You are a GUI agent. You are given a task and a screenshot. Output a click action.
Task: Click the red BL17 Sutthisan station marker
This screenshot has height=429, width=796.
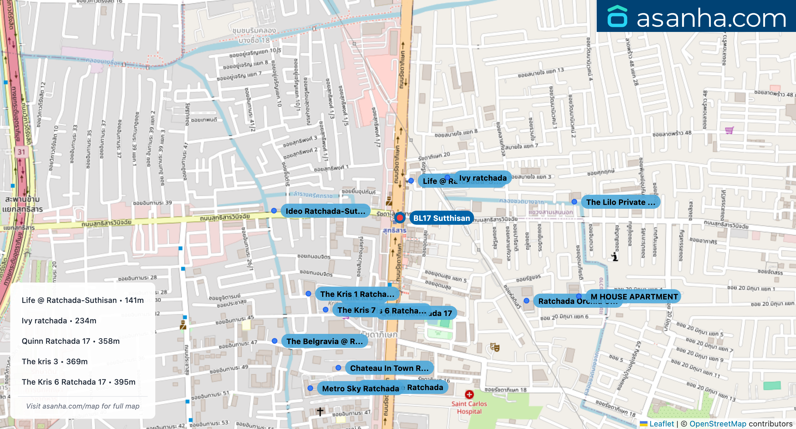(400, 218)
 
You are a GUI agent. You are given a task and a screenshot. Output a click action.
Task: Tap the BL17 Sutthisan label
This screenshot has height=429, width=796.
(441, 218)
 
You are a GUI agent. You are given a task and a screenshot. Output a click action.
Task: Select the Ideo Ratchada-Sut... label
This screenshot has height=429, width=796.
(325, 211)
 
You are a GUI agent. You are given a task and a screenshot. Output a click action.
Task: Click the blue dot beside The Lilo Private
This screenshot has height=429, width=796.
(574, 202)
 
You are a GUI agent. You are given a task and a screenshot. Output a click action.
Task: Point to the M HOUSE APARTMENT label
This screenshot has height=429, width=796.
(634, 297)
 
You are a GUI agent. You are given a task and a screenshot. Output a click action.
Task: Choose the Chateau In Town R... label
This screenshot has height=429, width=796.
(389, 368)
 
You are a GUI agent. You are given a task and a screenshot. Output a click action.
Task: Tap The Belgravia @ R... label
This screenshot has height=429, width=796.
(324, 341)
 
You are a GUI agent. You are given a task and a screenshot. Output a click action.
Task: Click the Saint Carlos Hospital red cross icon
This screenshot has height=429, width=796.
(469, 395)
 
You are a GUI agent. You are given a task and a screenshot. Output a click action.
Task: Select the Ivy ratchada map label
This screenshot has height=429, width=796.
(483, 178)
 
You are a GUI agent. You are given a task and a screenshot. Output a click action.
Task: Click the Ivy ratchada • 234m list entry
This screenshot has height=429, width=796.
(59, 320)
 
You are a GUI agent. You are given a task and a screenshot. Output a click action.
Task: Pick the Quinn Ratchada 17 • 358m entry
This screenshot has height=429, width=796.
(70, 341)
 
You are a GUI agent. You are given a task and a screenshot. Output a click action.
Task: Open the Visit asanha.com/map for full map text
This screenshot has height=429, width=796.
(83, 406)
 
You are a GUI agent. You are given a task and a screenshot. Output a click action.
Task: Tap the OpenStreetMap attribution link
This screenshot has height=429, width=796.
(718, 424)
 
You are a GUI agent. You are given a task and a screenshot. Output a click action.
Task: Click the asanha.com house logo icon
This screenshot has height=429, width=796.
(617, 17)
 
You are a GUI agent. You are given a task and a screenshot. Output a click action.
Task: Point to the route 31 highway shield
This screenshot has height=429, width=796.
(21, 152)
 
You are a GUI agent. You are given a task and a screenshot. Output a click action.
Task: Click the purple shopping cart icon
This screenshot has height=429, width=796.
(729, 130)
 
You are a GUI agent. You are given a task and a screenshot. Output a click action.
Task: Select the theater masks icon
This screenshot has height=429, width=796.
(495, 347)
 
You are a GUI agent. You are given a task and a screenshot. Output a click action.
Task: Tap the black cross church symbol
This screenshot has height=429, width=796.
(320, 411)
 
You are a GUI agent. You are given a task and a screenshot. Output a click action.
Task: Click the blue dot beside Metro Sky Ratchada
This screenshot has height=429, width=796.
(310, 388)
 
